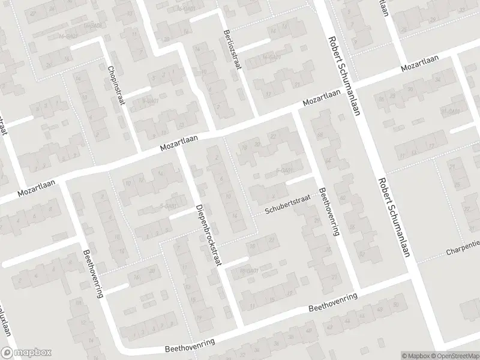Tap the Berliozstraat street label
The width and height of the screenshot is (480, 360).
(232, 49)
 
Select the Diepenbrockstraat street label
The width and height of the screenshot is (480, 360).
(209, 234)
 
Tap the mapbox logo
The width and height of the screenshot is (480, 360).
(26, 353)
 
